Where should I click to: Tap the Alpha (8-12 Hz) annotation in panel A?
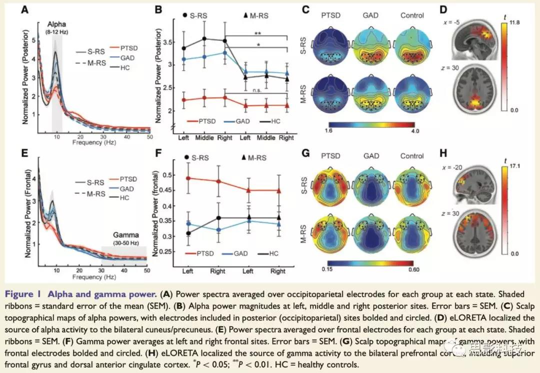(57, 28)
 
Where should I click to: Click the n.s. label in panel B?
(258, 91)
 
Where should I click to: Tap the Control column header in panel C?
(412, 16)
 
